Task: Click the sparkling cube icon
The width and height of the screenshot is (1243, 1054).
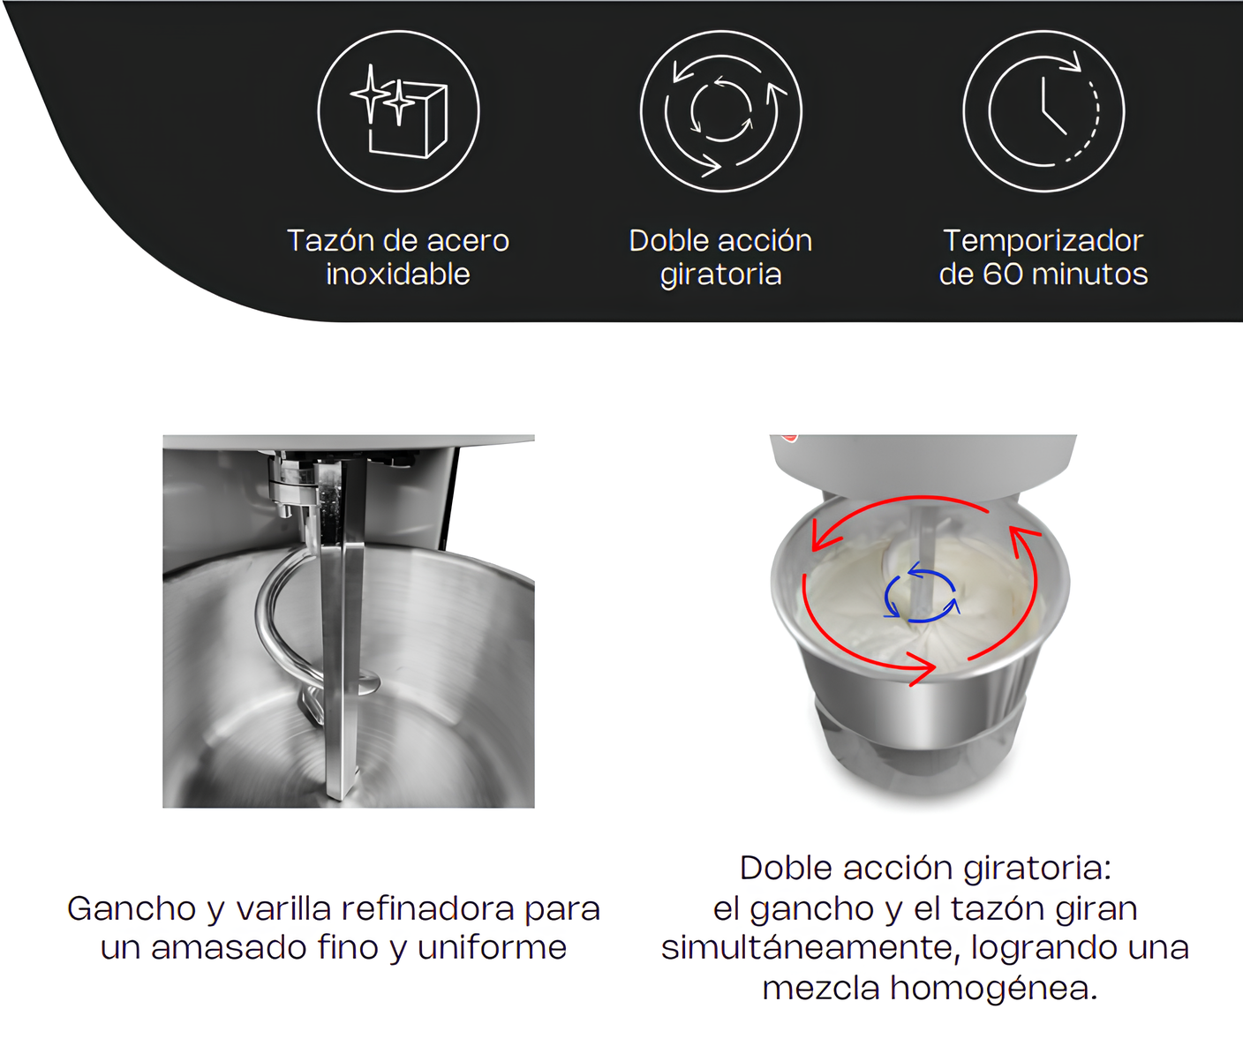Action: pos(399,112)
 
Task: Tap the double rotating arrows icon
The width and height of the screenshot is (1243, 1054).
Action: pos(721,112)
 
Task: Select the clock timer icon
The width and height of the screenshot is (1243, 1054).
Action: pos(1044,112)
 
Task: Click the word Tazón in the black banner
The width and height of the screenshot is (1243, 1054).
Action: pos(331,240)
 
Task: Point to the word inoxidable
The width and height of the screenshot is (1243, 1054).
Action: pos(398,275)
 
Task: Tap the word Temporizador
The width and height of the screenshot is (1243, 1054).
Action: pos(1043,241)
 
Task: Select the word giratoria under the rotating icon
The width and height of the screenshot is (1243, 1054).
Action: pos(720,275)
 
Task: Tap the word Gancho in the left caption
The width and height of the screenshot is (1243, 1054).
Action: pos(132,909)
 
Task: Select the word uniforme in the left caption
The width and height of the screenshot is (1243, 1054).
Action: pos(492,948)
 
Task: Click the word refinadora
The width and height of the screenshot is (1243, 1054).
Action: pos(428,908)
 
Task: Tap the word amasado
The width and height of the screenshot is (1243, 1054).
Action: pos(230,948)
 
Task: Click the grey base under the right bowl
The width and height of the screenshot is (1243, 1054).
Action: pos(920,757)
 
